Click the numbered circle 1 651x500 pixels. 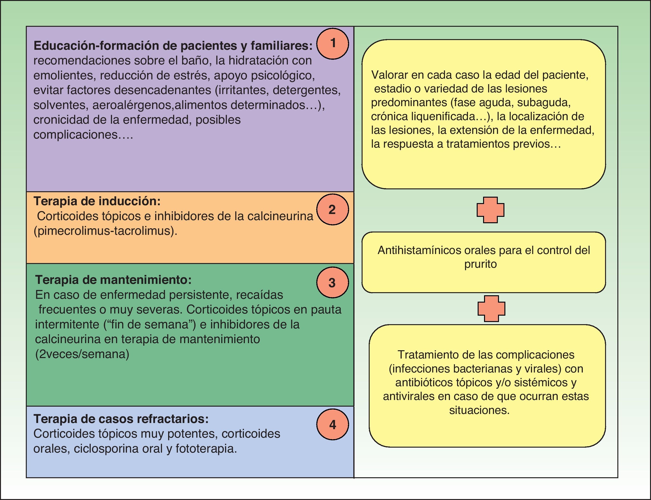332,43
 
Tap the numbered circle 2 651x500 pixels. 332,209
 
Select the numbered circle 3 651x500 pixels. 332,282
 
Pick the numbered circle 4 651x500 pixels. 332,424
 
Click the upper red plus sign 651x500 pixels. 490,210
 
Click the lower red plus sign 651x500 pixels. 491,309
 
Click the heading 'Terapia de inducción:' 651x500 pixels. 97,201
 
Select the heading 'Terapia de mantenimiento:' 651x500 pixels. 113,280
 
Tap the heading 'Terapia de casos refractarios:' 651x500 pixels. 121,419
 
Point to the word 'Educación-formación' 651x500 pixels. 97,45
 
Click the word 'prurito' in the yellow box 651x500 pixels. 480,264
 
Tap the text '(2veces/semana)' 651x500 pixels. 82,354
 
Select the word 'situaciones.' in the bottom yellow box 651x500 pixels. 479,410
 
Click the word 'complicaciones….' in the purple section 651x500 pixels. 83,135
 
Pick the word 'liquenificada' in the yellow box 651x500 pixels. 447,116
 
